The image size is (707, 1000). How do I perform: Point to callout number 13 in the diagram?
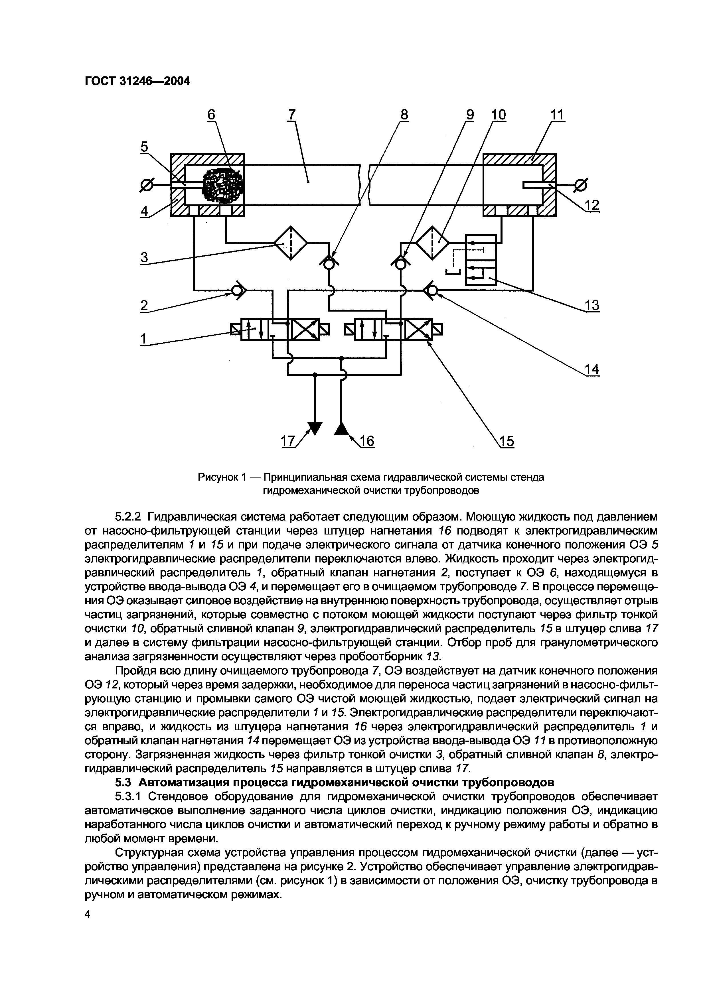point(592,306)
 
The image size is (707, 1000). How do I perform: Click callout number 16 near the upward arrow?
point(367,441)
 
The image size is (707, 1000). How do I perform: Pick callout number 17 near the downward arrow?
point(288,441)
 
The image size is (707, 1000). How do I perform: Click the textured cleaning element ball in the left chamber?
point(223,186)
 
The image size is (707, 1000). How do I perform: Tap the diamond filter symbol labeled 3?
point(291,243)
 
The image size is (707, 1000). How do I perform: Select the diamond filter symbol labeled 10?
point(432,243)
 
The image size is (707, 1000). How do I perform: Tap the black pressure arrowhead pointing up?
point(342,428)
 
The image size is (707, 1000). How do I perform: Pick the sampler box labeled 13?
point(481,260)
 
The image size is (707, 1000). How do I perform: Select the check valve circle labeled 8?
point(329,263)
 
